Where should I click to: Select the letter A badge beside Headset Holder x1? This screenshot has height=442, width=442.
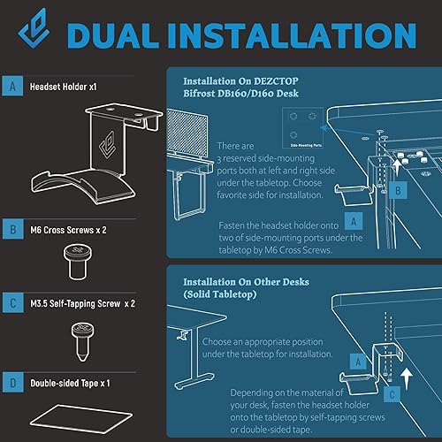(x=12, y=88)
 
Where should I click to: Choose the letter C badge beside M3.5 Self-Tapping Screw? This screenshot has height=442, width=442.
(x=12, y=305)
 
